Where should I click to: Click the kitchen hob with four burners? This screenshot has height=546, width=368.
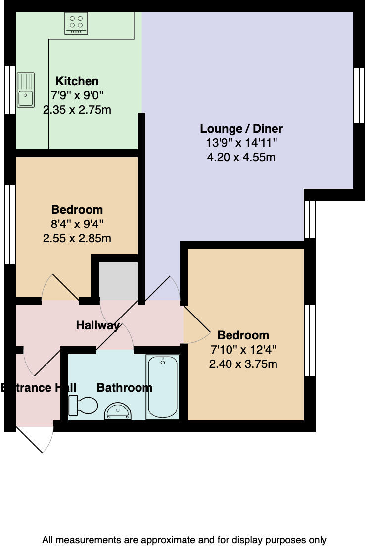(x=76, y=24)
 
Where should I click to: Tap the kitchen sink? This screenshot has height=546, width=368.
(x=26, y=90)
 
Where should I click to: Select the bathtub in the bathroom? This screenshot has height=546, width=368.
(x=162, y=387)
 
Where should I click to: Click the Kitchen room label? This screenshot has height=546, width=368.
(x=77, y=81)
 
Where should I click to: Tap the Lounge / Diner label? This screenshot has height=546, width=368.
(x=241, y=129)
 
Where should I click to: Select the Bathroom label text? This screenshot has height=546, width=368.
(x=124, y=388)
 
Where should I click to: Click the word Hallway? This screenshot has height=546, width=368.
(x=97, y=325)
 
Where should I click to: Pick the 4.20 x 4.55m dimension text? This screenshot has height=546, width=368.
(x=241, y=157)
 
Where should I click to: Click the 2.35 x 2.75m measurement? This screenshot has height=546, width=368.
(x=77, y=110)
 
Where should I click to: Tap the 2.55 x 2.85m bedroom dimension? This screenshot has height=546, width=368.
(x=77, y=238)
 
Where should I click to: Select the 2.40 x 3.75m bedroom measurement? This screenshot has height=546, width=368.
(x=243, y=364)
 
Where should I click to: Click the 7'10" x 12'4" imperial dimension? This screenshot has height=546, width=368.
(x=243, y=350)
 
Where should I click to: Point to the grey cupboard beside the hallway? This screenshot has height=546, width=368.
(x=118, y=280)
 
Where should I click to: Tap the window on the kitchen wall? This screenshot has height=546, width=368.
(x=10, y=90)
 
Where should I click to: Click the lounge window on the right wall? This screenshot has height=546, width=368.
(x=359, y=94)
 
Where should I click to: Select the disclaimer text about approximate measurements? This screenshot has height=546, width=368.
(x=184, y=540)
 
